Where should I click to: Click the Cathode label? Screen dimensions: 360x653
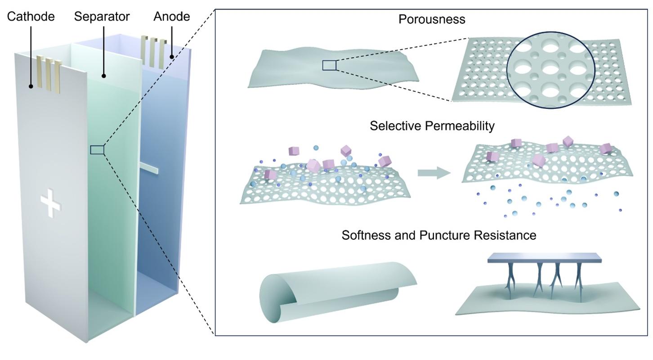(x=31, y=17)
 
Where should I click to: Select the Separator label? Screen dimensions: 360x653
(x=102, y=17)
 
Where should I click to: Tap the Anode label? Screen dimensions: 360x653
(x=171, y=17)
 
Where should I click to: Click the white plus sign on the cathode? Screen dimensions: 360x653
(x=50, y=203)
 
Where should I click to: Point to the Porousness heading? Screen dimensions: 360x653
(x=431, y=19)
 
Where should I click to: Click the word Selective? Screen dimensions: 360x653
(x=395, y=126)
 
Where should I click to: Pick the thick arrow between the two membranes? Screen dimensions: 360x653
(x=434, y=173)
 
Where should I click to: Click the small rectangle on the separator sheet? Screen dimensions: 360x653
(x=97, y=150)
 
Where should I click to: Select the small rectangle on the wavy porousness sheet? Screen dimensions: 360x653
(x=329, y=66)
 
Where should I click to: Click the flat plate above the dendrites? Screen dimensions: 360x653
(x=544, y=258)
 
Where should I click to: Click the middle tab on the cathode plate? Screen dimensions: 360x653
(x=49, y=72)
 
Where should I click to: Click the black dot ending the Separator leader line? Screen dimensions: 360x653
(x=103, y=76)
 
